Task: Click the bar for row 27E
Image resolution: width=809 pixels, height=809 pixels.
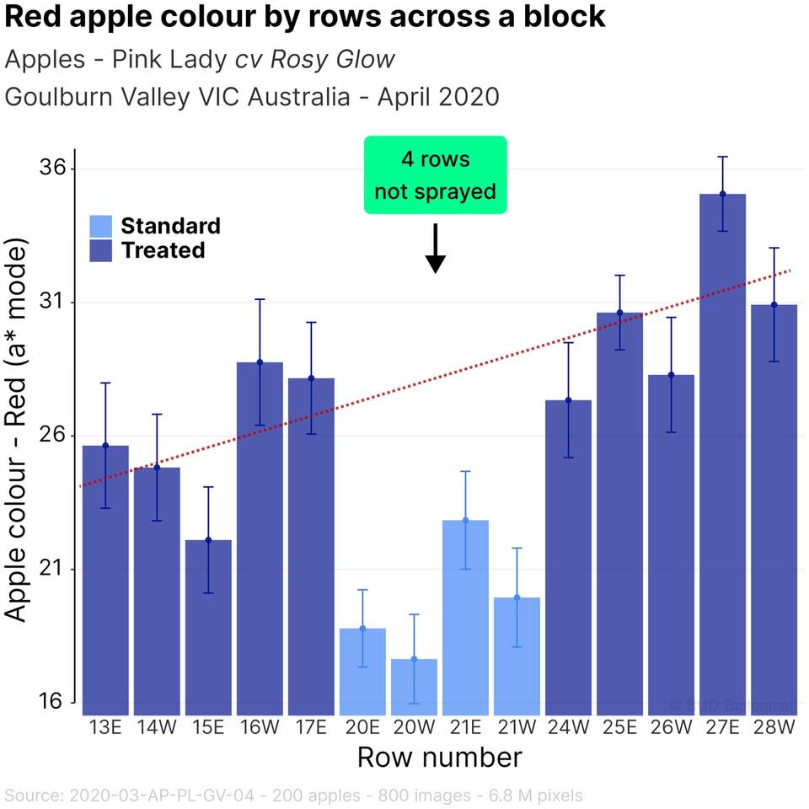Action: (x=722, y=455)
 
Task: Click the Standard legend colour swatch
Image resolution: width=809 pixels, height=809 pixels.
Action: (x=100, y=226)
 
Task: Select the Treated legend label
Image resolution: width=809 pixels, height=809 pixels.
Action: (x=163, y=250)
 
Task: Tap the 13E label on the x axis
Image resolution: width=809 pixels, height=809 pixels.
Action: (x=105, y=726)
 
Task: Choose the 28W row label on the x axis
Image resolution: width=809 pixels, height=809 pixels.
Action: (x=774, y=726)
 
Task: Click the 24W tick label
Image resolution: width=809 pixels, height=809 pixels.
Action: (x=568, y=726)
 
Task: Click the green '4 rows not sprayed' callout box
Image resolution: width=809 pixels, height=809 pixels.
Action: (x=435, y=174)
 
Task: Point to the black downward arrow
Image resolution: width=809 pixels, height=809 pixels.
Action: (x=435, y=249)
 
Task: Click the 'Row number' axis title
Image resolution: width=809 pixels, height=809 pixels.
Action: (x=439, y=757)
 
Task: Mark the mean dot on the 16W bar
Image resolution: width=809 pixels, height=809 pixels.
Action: (x=260, y=362)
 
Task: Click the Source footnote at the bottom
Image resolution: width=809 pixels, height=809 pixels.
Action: (x=293, y=795)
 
